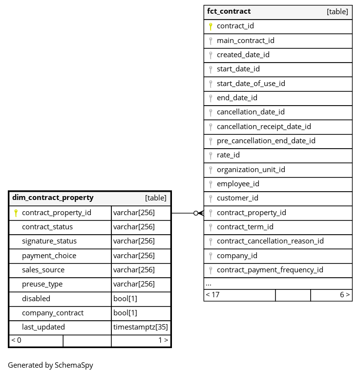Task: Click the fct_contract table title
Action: click(x=229, y=11)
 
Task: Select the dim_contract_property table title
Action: click(x=53, y=198)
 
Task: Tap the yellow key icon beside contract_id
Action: click(x=211, y=26)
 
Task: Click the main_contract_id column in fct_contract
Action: click(x=245, y=41)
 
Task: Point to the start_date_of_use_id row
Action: click(x=251, y=84)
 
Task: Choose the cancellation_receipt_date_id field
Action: click(x=264, y=127)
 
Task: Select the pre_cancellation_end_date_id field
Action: click(x=266, y=141)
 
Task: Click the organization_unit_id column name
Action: click(x=251, y=170)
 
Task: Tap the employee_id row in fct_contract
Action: click(x=238, y=184)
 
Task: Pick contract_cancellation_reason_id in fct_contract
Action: click(x=270, y=241)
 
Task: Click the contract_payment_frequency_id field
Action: click(x=270, y=270)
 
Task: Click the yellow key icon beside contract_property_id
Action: click(x=16, y=213)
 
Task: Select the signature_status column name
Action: click(x=49, y=241)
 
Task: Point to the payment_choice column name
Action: click(x=49, y=256)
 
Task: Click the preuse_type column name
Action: click(x=42, y=284)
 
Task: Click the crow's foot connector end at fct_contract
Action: click(x=200, y=213)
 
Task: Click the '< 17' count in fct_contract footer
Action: click(x=212, y=295)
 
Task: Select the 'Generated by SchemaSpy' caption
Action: click(x=50, y=365)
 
